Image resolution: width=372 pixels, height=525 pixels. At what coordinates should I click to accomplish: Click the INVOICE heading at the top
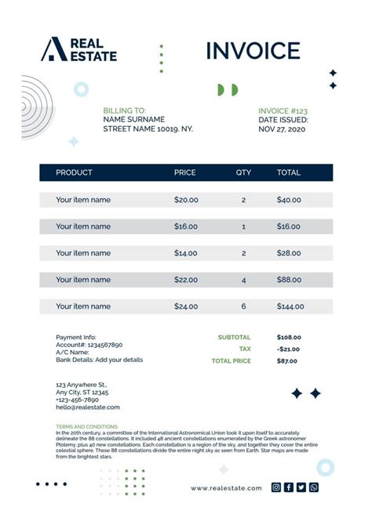(x=253, y=52)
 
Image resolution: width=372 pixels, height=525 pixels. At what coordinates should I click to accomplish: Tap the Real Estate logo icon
(x=53, y=49)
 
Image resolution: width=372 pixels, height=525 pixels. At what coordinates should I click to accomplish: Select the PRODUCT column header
(x=74, y=172)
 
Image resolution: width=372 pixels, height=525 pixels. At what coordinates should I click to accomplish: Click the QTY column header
(x=243, y=172)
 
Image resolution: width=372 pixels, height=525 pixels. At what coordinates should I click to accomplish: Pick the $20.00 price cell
(x=186, y=200)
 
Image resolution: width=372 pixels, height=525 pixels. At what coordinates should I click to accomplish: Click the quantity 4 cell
(x=243, y=280)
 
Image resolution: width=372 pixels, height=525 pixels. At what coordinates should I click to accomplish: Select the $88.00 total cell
(x=289, y=280)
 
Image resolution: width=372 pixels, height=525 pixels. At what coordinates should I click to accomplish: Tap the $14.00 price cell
(x=186, y=253)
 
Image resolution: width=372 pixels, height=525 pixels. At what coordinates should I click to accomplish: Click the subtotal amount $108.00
(x=289, y=338)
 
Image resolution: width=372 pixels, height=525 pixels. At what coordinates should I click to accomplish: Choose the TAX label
(x=245, y=349)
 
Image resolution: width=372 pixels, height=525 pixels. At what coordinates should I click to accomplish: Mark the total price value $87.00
(x=287, y=360)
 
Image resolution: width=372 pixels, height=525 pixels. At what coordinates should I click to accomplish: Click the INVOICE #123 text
(x=283, y=111)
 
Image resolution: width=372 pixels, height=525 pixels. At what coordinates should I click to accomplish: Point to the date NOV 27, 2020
(x=283, y=129)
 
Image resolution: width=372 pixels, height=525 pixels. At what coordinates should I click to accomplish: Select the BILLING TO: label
(x=124, y=111)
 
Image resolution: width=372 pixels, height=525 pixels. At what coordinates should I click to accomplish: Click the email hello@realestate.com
(x=88, y=407)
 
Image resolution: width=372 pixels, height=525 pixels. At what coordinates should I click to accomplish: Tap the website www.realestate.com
(x=226, y=488)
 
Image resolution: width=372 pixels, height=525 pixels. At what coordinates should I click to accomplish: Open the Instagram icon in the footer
(x=276, y=487)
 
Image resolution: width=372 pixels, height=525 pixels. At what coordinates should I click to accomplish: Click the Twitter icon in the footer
(x=301, y=487)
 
